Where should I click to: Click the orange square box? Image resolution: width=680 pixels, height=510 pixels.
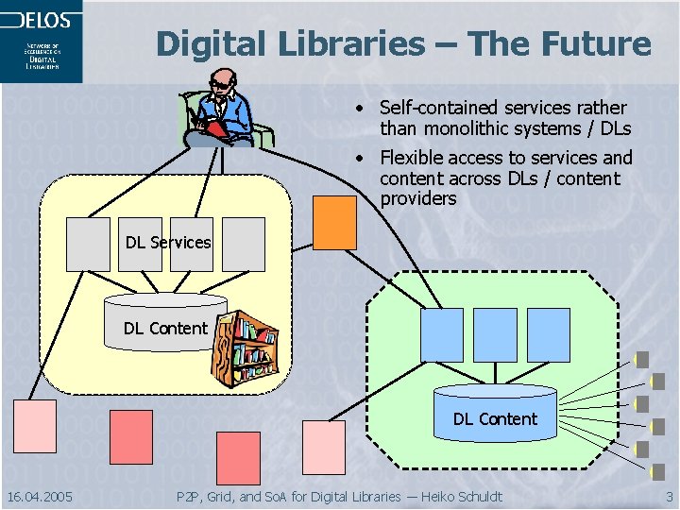(334, 222)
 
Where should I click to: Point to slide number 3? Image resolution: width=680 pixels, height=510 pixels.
(669, 497)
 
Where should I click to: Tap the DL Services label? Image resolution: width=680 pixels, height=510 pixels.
(168, 243)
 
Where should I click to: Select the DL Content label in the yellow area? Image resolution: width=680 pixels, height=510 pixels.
(164, 328)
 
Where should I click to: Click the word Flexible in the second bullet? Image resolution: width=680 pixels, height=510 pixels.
(412, 158)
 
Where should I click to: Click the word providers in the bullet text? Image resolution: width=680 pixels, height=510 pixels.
(417, 199)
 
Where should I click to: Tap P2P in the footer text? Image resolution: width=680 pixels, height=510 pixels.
(189, 497)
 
